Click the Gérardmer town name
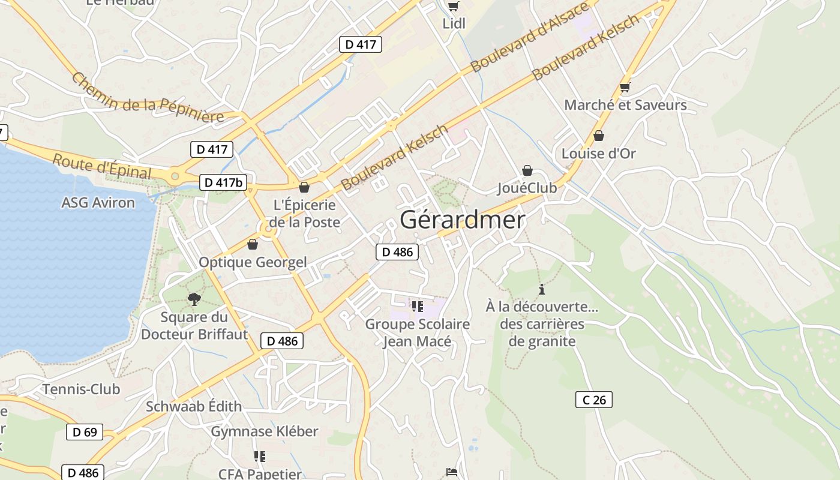tap(462, 220)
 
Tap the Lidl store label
tap(454, 23)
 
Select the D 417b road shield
tap(223, 182)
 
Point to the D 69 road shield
tap(85, 432)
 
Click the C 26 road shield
tap(594, 400)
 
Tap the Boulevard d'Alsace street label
tap(530, 37)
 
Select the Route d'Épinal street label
tap(102, 166)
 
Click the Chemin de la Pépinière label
tap(148, 98)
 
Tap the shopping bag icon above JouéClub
tap(527, 171)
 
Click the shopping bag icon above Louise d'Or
tap(598, 136)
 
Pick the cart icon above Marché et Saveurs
tap(625, 88)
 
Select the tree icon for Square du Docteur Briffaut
tap(194, 299)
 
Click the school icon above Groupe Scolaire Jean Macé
tap(418, 307)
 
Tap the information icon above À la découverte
tap(542, 289)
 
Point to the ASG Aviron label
tap(98, 203)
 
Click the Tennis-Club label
tap(81, 389)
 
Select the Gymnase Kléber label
tap(265, 431)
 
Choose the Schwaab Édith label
tap(194, 406)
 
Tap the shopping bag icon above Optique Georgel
tap(253, 245)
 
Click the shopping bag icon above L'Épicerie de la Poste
tap(304, 187)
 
